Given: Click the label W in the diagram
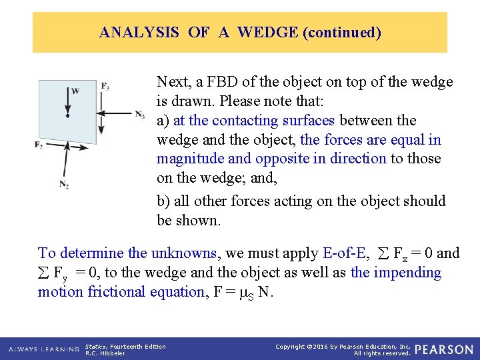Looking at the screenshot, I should [75, 92].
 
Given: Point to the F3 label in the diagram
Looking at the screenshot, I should [105, 86].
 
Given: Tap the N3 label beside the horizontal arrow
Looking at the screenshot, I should [139, 115].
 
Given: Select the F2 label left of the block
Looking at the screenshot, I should [39, 145].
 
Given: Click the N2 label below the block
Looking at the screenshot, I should [64, 184].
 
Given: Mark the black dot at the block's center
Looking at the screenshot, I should [67, 115].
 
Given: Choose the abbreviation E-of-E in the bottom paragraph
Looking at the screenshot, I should [345, 253].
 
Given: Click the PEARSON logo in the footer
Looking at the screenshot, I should [443, 349].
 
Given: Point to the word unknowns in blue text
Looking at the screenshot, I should [186, 253].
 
